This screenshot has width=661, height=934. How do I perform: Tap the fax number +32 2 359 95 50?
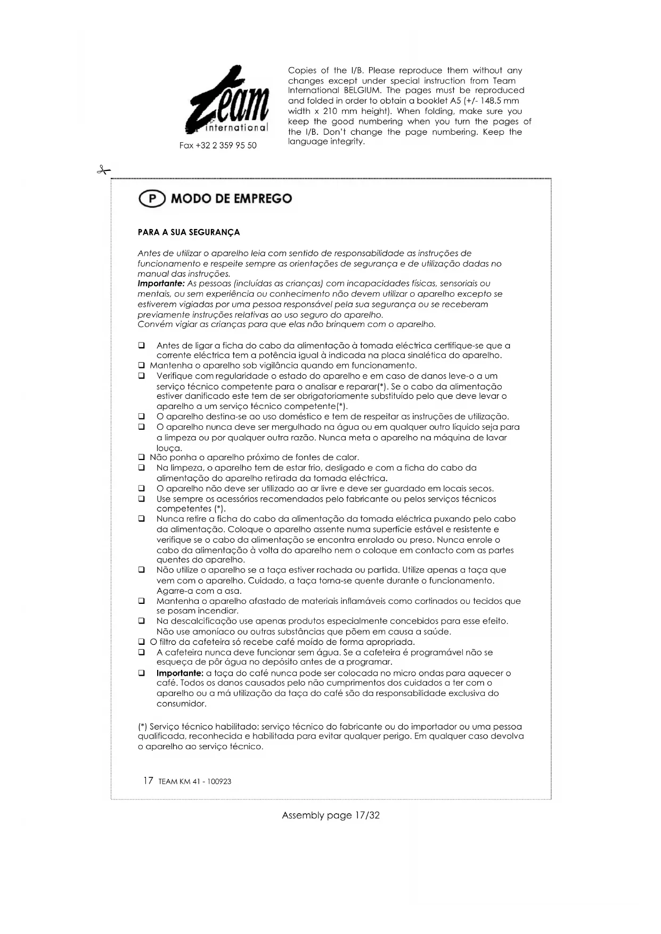[218, 145]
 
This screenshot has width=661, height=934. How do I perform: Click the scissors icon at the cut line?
[103, 170]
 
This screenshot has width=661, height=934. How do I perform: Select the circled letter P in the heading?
[152, 199]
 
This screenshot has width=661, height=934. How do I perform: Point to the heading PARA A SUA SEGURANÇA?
[189, 232]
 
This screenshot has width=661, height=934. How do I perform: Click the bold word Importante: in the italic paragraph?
[161, 284]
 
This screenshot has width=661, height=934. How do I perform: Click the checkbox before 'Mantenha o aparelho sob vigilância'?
[142, 366]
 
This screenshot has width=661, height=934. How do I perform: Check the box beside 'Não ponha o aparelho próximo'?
[142, 457]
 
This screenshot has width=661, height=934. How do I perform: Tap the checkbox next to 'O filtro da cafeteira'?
[142, 642]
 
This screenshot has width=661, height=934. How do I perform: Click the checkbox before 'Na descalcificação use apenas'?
[142, 621]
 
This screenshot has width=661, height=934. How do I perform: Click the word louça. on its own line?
[169, 448]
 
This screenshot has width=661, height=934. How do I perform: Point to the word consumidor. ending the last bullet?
[181, 704]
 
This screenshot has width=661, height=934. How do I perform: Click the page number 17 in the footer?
[148, 781]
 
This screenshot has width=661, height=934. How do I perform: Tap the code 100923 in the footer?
[219, 782]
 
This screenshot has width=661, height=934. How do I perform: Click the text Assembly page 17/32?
[330, 815]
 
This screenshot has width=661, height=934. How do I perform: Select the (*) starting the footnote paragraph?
[142, 727]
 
